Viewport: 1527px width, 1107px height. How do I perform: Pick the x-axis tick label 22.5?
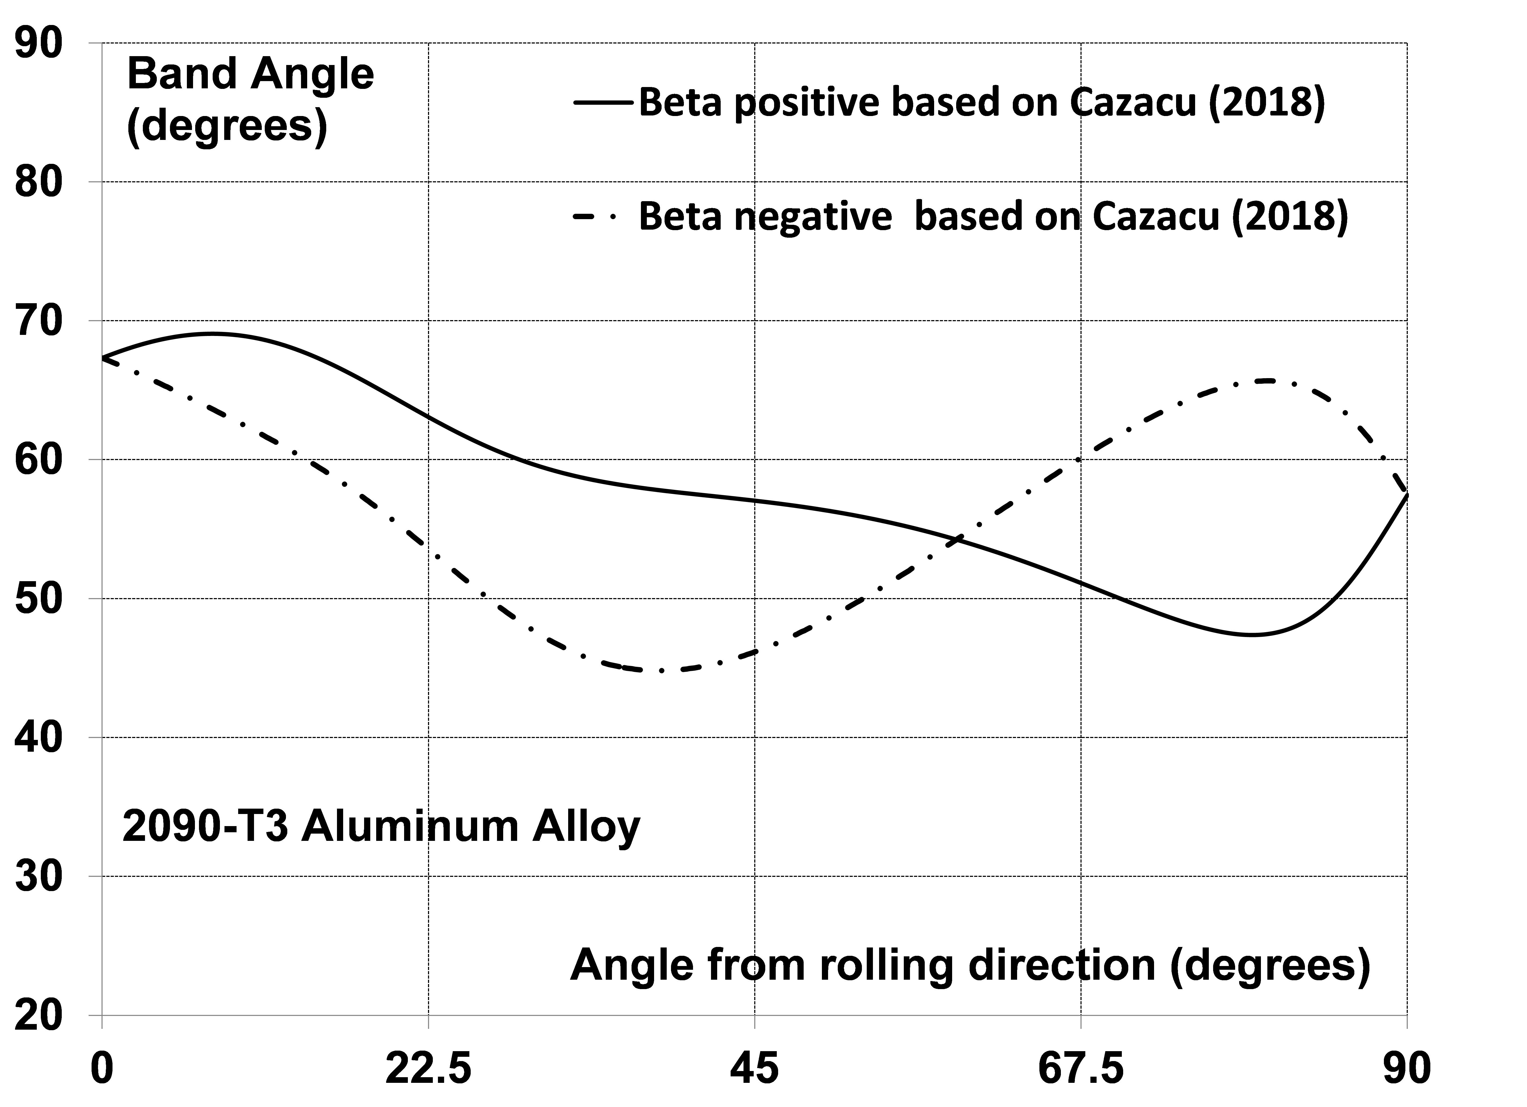tap(428, 1069)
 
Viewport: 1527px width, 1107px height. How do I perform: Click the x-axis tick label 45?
tap(755, 1069)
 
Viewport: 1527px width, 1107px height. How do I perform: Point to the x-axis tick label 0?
tap(102, 1069)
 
